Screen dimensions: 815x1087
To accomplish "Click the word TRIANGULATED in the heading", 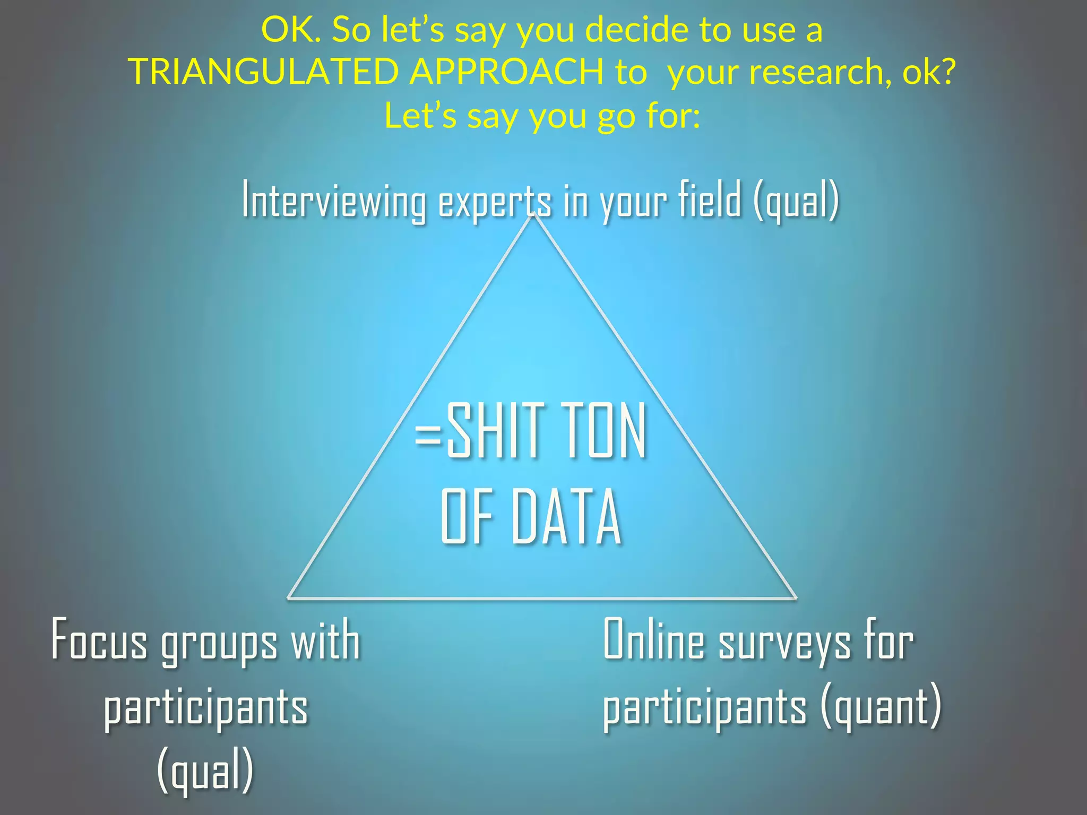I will coord(263,71).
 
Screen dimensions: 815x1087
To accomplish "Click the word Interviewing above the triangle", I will coord(333,200).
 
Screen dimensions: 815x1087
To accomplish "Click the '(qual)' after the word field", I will coord(796,201).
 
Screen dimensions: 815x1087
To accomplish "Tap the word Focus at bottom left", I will coord(99,641).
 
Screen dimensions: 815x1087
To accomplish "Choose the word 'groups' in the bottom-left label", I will coord(219,643).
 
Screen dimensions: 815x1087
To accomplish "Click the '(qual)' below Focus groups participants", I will coord(205,770).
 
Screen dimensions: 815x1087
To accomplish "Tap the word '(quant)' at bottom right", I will coord(881,707).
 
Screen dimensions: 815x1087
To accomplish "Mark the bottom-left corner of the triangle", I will coord(288,598).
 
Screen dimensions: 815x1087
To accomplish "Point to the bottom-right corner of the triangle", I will coord(795,598).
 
